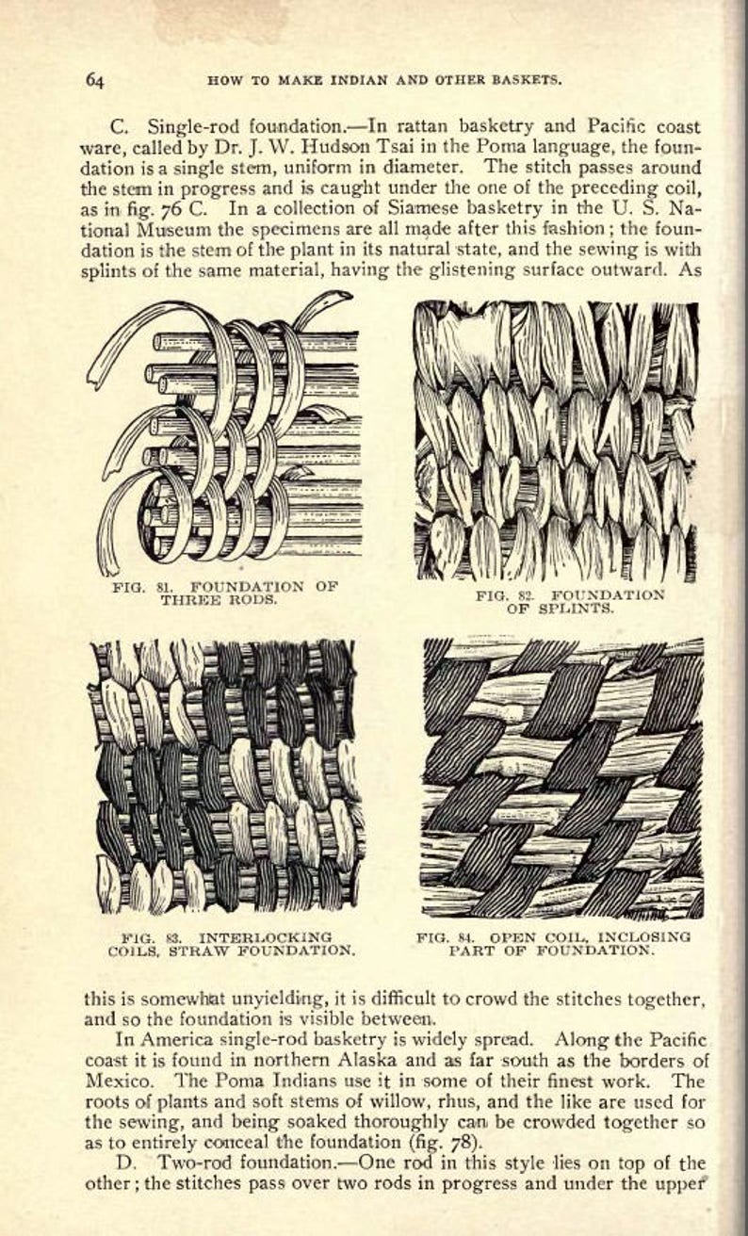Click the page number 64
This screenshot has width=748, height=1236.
pos(95,80)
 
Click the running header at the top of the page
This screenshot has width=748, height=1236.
pos(384,80)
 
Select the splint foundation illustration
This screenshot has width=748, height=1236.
pos(556,441)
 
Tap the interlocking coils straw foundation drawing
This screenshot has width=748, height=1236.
pos(226,776)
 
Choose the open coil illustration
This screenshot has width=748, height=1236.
pos(562,778)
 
